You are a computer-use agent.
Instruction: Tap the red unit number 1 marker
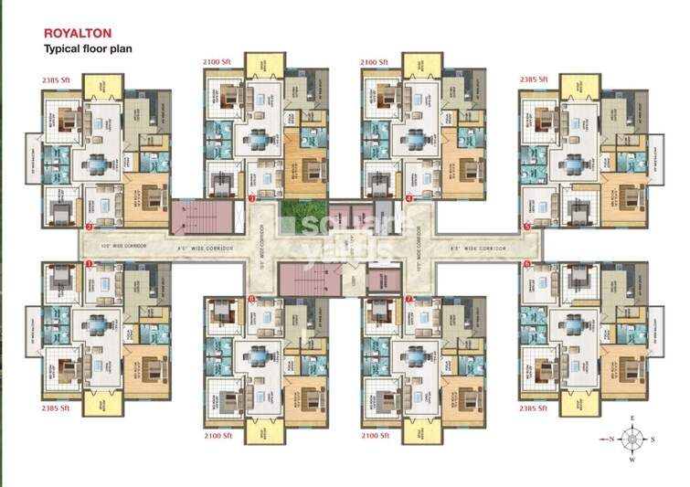89,264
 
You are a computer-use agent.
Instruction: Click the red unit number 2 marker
89,226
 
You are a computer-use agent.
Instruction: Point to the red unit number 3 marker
251,197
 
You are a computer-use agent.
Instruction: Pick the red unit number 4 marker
409,197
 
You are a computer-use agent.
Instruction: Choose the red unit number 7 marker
409,299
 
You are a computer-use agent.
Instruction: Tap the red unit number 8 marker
251,299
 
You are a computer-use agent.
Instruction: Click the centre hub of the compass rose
632,439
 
